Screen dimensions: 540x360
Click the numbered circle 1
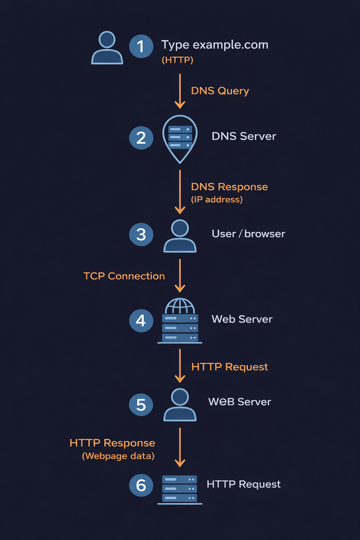(x=141, y=46)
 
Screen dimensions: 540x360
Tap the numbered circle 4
(x=141, y=320)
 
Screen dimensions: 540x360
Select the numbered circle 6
(x=141, y=485)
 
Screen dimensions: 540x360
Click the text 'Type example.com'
(x=214, y=45)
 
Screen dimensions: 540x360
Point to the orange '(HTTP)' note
(x=178, y=60)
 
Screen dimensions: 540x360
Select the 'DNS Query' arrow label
(x=220, y=91)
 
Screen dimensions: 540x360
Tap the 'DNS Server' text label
(x=244, y=136)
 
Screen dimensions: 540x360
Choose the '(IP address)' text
(x=217, y=200)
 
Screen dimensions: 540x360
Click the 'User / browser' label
(x=248, y=234)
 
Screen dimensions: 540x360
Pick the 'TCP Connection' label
(x=124, y=276)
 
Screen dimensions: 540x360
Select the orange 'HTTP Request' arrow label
(x=229, y=367)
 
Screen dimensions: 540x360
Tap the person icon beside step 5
(x=180, y=405)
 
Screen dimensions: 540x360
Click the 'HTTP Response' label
(x=112, y=443)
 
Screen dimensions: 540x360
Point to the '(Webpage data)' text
(x=118, y=456)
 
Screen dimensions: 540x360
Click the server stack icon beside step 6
(x=180, y=489)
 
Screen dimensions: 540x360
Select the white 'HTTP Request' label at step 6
(x=243, y=484)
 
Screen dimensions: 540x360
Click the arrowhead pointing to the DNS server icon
(x=180, y=105)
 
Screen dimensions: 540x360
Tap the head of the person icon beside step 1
(x=107, y=39)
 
